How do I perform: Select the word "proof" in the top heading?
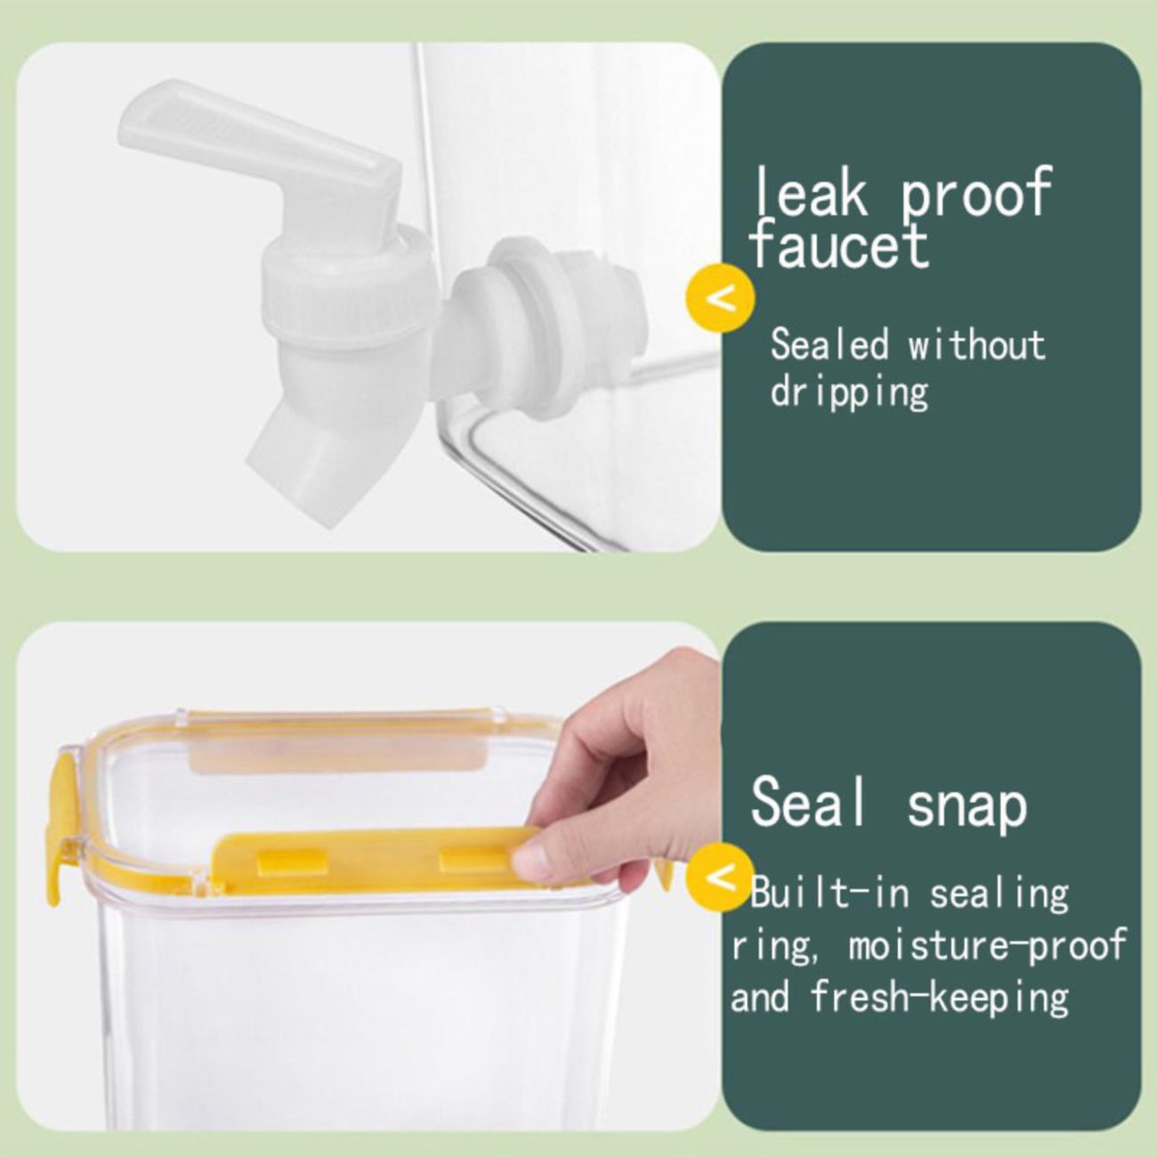tap(976, 193)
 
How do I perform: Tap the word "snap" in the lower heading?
tap(967, 807)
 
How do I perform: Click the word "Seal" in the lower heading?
tap(809, 801)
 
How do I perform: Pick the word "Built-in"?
tap(830, 893)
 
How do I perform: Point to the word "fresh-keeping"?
tap(940, 997)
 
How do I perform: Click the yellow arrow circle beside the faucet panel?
tap(720, 297)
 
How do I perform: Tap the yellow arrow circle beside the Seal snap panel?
tap(720, 878)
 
